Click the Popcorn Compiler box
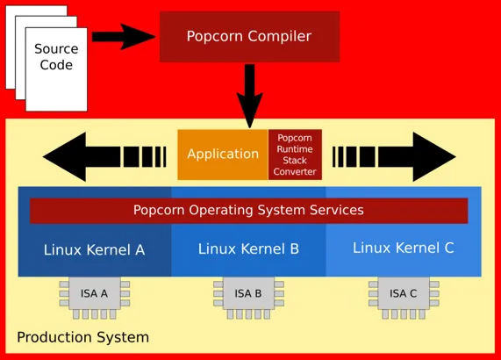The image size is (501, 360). click(249, 37)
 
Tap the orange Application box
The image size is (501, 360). click(223, 155)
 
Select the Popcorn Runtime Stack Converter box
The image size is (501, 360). click(295, 155)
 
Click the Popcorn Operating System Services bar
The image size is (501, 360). click(249, 211)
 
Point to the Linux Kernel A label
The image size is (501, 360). click(94, 250)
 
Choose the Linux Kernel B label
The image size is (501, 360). click(248, 249)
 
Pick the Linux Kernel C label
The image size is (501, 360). click(404, 248)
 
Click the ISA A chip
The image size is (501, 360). click(95, 298)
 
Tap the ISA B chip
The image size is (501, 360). click(248, 298)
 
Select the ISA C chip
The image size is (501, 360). click(404, 298)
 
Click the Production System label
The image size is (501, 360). click(82, 338)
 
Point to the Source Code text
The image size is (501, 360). click(56, 57)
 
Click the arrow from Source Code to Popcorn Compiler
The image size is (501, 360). click(124, 37)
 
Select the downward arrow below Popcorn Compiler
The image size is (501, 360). click(250, 96)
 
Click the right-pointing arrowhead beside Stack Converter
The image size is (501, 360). click(434, 157)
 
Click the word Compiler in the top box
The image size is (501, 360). click(280, 37)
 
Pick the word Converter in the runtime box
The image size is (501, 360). click(295, 172)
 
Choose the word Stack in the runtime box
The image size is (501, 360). click(295, 160)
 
